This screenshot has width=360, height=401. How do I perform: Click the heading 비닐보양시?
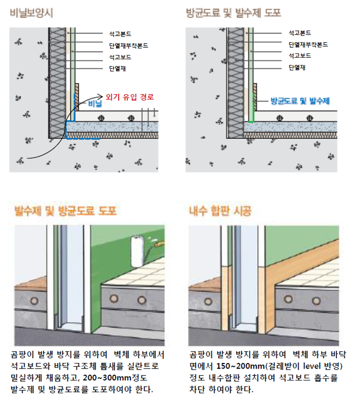tap(31, 13)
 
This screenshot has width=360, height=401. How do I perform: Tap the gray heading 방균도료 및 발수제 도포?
tap(234, 13)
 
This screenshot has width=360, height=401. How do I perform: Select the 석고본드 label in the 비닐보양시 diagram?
tap(120, 34)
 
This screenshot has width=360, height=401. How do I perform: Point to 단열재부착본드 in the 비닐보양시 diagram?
tap(128, 46)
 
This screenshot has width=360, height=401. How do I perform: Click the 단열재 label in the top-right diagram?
tap(297, 67)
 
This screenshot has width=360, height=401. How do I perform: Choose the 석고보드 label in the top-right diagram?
tap(300, 56)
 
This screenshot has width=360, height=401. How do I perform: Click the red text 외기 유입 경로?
tap(130, 97)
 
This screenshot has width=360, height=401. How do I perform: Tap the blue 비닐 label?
tap(95, 103)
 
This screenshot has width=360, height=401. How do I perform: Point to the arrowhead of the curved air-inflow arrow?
tap(100, 97)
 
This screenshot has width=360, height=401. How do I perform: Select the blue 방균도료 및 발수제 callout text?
tap(300, 101)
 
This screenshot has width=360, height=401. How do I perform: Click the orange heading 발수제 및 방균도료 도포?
tap(65, 211)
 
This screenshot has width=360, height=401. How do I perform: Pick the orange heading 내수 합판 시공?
tap(220, 211)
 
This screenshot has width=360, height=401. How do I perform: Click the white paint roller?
tap(138, 251)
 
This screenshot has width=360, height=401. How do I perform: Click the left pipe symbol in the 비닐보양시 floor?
tap(102, 118)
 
